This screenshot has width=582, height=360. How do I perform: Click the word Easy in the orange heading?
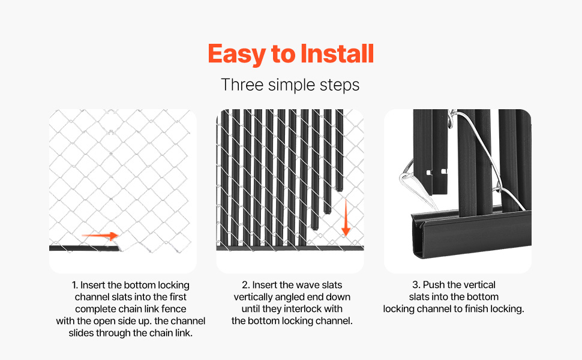click(236, 54)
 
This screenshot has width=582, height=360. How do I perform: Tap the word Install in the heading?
click(337, 53)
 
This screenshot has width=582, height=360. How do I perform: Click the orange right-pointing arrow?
click(100, 235)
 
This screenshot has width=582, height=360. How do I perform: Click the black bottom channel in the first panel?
click(85, 248)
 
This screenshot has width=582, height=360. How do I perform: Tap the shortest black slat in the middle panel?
click(339, 151)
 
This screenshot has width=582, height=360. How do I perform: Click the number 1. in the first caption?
click(74, 285)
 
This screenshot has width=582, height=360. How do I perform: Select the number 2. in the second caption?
click(246, 285)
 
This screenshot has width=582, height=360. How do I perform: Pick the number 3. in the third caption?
click(416, 284)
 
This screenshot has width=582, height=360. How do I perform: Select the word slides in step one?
click(81, 333)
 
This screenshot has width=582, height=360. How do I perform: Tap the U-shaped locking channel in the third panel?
click(472, 233)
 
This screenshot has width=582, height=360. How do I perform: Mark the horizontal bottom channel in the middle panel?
click(290, 248)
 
